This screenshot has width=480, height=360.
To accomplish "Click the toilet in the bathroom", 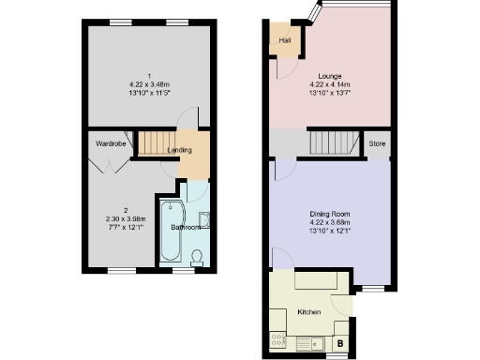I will [x=197, y=258].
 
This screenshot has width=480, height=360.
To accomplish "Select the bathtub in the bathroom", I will [x=172, y=231].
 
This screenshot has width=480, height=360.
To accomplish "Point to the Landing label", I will [x=179, y=150].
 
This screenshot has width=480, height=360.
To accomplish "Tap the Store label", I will [x=377, y=143].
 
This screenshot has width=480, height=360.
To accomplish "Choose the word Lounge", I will [x=328, y=76].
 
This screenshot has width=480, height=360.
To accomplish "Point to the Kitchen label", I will [x=309, y=310].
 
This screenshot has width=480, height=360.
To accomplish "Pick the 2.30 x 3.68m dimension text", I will [x=125, y=218].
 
